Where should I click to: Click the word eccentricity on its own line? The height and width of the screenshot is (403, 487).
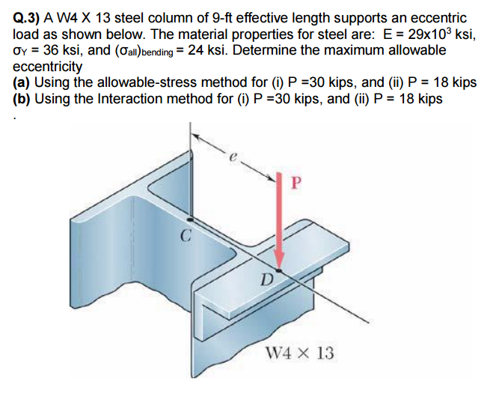click(49, 66)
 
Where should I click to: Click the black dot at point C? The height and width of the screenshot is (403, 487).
click(192, 219)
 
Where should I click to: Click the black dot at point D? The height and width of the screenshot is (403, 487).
click(279, 270)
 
